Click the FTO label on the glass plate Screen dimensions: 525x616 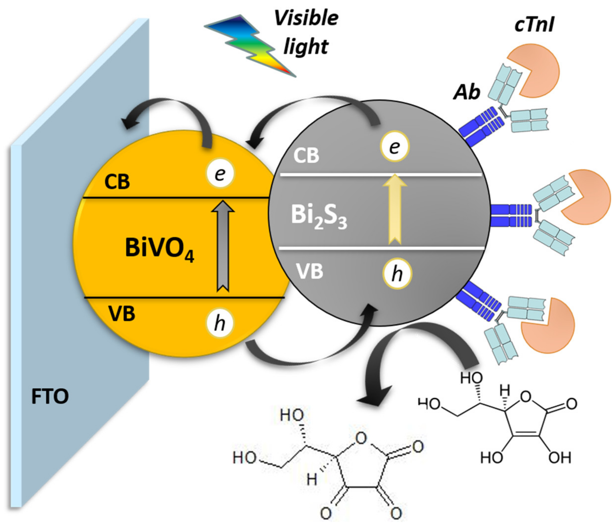point(50,396)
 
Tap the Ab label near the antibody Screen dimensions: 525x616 point(467,92)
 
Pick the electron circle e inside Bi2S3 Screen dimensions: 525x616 point(395,146)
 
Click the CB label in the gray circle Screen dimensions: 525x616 point(306,155)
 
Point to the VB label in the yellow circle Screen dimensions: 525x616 point(122,314)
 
